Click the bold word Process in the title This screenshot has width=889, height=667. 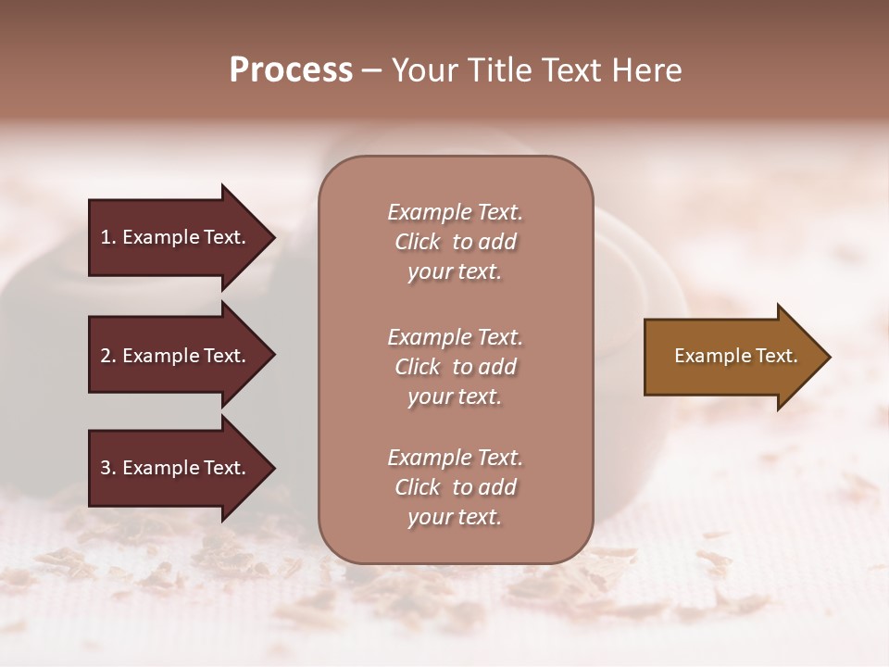pos(291,70)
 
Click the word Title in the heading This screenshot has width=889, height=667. pos(498,70)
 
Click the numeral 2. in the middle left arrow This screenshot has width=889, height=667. pos(107,356)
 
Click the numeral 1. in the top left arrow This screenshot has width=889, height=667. pos(107,237)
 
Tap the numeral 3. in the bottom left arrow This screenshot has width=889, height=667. pos(107,469)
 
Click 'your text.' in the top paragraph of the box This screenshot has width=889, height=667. pos(455,272)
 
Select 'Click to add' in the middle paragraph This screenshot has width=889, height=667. pos(455,367)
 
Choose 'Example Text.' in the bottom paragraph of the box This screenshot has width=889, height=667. pos(455,458)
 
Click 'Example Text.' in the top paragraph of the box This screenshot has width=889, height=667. pos(455,212)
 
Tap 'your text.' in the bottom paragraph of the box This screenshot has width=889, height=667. pos(455,518)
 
